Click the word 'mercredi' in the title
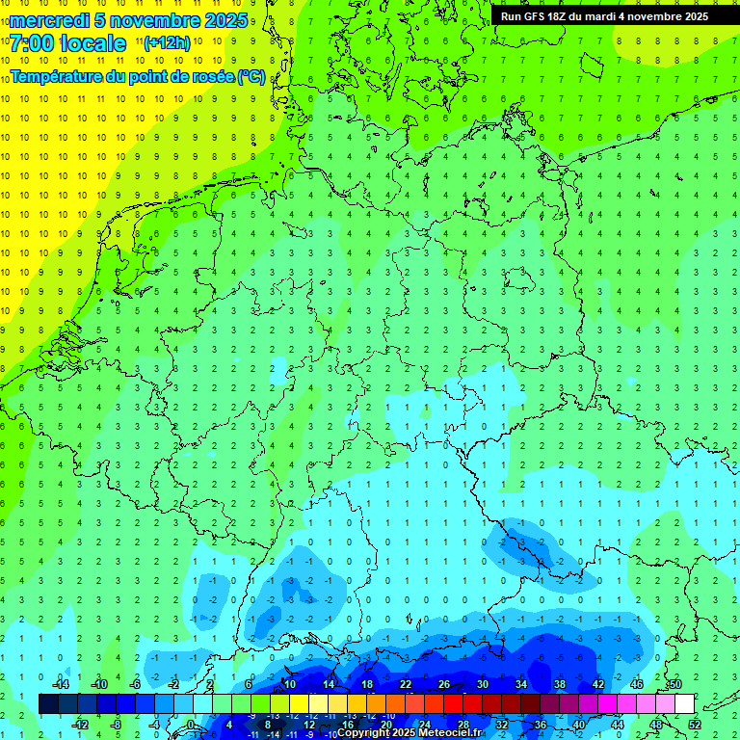coord(49,20)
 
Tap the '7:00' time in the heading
coord(30,43)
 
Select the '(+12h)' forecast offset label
coord(167,42)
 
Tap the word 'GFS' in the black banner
coord(537,16)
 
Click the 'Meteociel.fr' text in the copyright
coord(451,733)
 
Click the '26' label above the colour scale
coord(444,684)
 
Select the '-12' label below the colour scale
coord(80,725)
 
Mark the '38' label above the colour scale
coord(560,684)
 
